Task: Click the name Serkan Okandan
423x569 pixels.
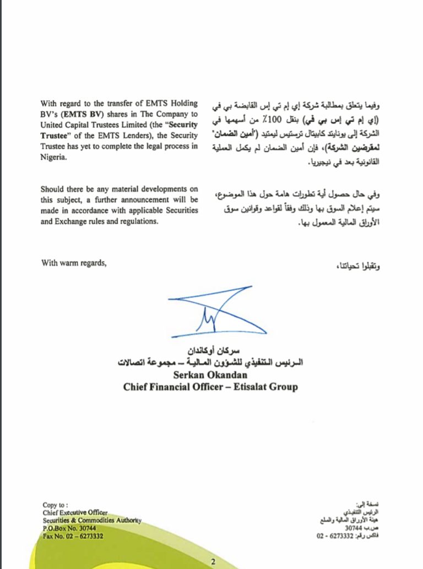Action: [211, 376]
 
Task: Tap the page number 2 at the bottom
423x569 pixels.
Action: [213, 561]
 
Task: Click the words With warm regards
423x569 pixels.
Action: [74, 263]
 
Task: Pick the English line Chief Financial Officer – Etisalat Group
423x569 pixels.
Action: [210, 387]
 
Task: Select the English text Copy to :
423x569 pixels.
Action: [56, 505]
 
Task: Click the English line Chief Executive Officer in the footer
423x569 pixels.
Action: [75, 512]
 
